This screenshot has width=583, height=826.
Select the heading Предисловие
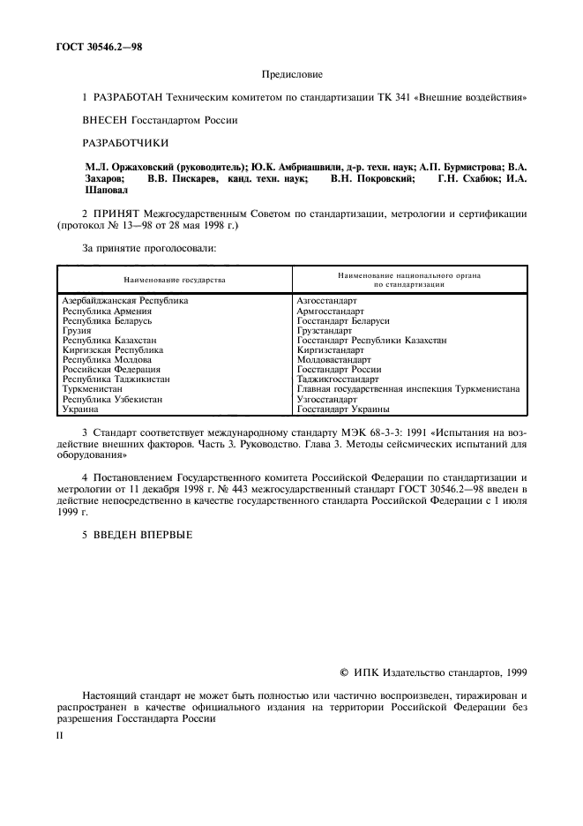pos(292,75)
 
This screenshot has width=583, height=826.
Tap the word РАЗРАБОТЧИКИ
pos(125,142)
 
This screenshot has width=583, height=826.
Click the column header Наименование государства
pos(175,280)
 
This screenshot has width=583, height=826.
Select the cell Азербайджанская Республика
pos(125,301)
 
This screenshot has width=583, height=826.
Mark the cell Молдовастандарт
pos(334,360)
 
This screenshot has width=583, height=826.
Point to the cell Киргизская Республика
pos(113,350)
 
